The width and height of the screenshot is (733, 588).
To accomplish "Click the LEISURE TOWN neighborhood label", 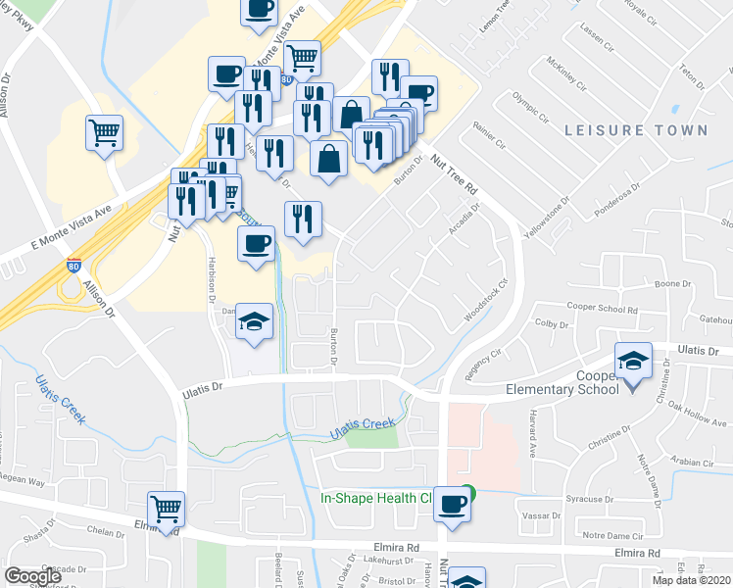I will [x=635, y=130].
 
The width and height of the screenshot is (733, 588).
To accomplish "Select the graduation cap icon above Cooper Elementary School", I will [x=634, y=361].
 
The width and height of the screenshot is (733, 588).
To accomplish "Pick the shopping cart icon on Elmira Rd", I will [x=167, y=510].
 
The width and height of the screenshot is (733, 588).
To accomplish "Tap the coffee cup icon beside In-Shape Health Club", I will [x=452, y=504].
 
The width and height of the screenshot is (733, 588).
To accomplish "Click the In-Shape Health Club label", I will [x=376, y=498].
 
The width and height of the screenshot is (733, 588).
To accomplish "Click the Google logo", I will [x=32, y=576].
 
